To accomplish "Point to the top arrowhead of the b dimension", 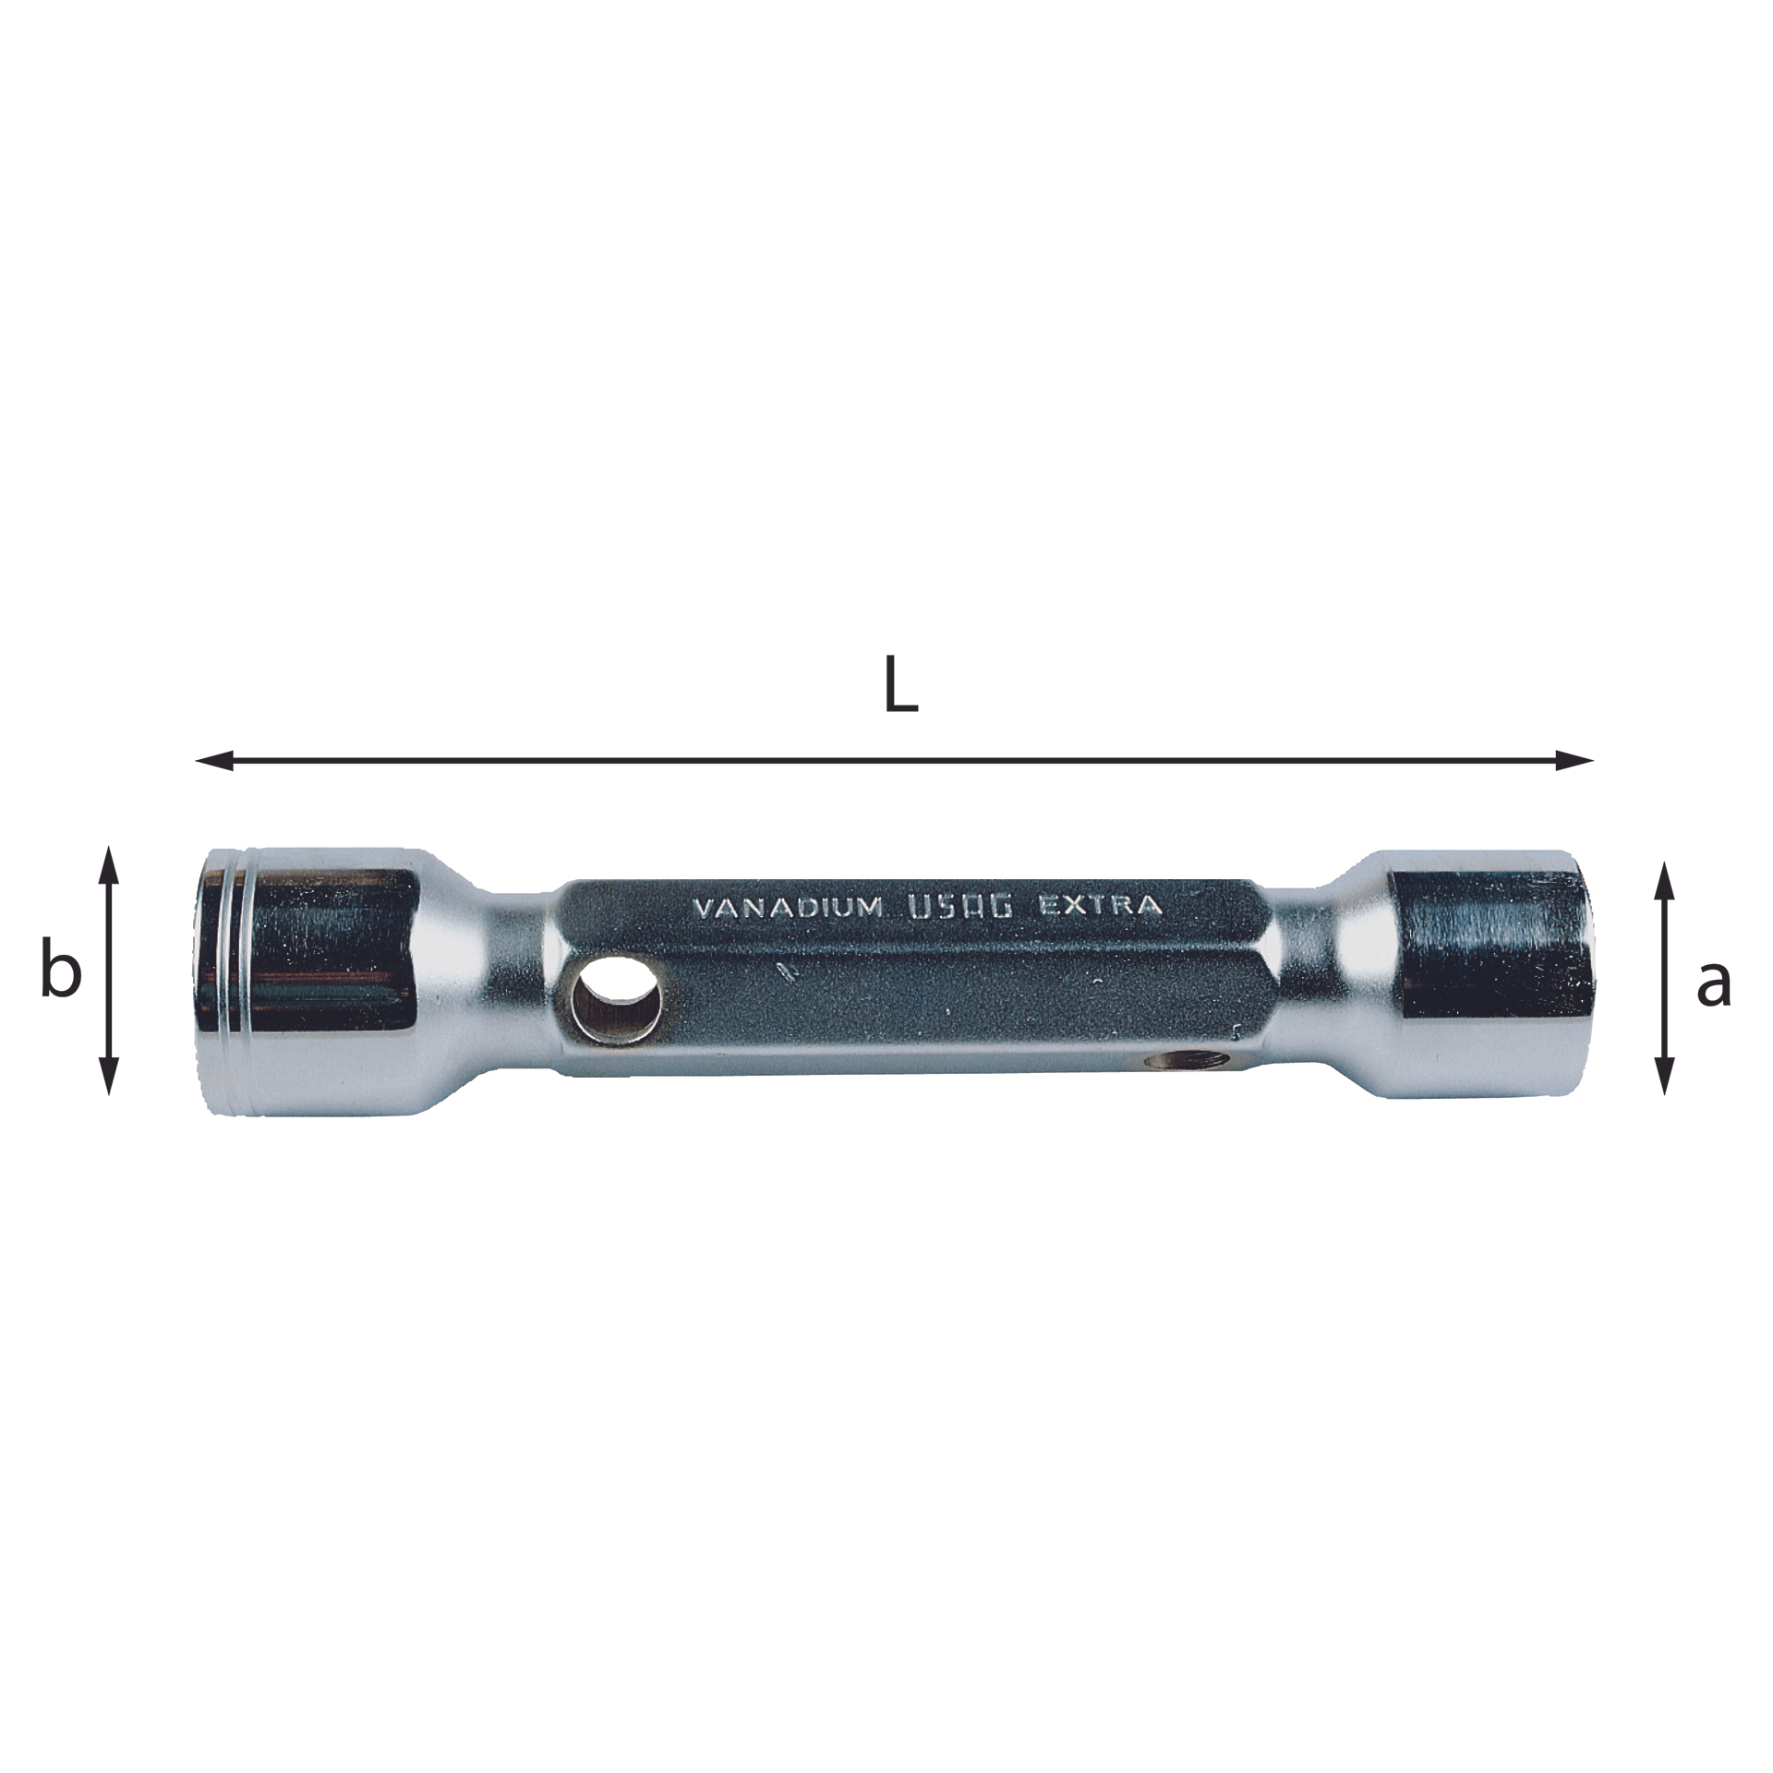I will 109,861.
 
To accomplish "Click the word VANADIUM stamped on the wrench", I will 787,909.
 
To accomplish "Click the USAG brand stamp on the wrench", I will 961,907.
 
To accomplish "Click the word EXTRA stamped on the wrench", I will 1100,905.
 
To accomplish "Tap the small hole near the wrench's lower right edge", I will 1185,1061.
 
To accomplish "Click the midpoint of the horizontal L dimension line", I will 894,761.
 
